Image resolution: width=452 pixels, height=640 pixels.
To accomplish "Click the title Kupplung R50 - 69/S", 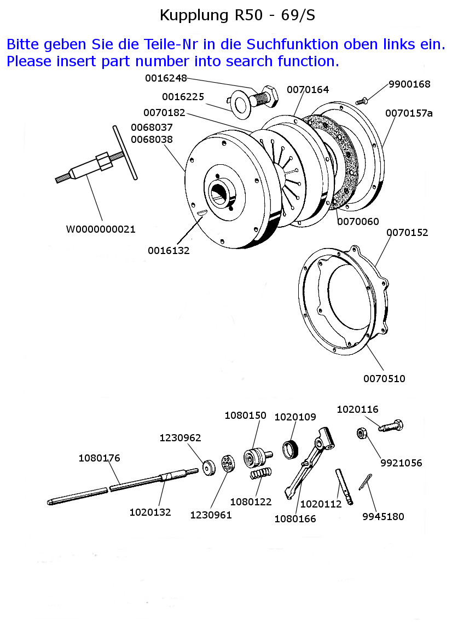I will click(237, 15).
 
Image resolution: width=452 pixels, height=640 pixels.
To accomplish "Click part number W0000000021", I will click(101, 229).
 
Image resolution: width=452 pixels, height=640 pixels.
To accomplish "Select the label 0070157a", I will click(409, 113).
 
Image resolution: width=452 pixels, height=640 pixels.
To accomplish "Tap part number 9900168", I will click(409, 84).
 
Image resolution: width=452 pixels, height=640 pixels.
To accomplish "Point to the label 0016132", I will click(169, 250).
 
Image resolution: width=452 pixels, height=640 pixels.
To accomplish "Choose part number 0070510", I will click(384, 378).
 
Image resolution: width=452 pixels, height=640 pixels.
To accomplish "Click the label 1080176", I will click(99, 458).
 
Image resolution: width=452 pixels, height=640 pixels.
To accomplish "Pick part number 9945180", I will click(383, 516).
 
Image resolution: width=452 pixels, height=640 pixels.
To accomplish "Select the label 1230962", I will click(180, 438).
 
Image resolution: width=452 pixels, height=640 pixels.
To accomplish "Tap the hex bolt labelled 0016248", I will click(265, 97).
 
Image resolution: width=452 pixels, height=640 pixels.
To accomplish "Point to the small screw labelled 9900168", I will click(362, 101).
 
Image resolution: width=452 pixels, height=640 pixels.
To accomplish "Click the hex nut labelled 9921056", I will click(362, 434).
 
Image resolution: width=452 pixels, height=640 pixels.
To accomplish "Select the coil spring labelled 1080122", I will click(260, 474).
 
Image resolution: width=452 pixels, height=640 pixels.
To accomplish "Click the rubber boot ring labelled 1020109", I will click(290, 449).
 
